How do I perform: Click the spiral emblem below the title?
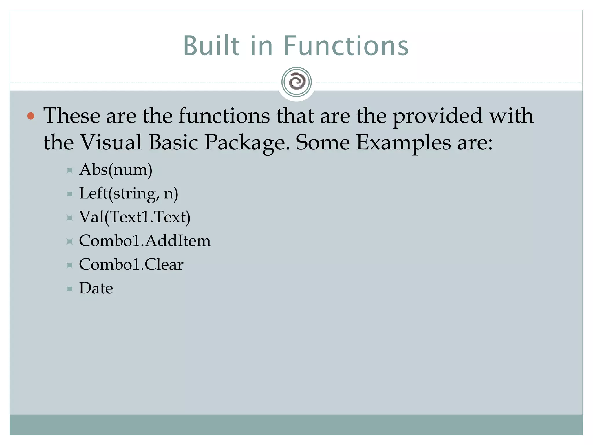296,82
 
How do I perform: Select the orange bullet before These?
31,116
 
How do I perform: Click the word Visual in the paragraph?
111,143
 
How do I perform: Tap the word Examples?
403,143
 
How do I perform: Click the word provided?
437,116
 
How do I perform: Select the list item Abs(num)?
116,170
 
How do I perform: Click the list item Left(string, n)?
129,194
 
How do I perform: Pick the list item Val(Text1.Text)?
135,217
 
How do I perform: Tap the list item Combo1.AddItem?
145,241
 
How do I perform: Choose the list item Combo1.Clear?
131,265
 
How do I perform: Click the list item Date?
96,288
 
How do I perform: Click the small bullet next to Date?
69,289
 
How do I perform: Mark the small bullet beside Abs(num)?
69,170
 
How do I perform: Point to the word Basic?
173,143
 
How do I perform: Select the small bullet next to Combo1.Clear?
69,265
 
